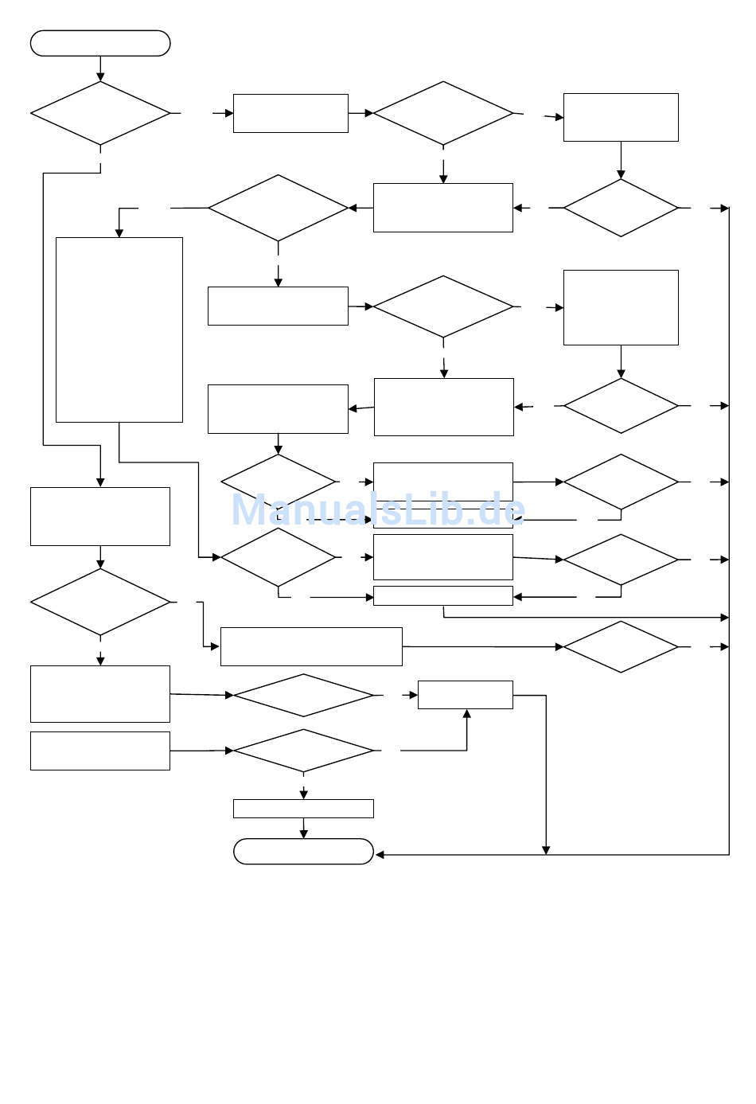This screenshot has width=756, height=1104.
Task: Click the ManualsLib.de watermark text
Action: coord(378,509)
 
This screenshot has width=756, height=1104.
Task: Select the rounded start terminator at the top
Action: coord(100,43)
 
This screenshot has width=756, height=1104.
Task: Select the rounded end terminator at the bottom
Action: coord(303,851)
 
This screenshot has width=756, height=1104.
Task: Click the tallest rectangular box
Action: coord(119,330)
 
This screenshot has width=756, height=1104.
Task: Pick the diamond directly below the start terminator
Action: coord(100,113)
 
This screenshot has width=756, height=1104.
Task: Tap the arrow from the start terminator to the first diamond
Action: coord(100,68)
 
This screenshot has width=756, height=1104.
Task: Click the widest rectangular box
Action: coord(311,646)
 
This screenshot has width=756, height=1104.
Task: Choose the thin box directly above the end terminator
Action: coord(303,808)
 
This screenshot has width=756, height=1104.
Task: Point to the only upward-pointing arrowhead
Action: coord(466,714)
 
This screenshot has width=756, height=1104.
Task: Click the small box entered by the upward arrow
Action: coord(466,695)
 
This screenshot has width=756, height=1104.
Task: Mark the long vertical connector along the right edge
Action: coord(729,531)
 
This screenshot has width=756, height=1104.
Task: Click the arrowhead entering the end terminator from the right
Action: coord(380,855)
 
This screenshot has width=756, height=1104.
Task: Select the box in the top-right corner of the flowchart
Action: coord(621,117)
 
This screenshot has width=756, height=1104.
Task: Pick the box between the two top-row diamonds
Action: coord(290,113)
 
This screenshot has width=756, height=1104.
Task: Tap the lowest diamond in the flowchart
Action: coord(303,751)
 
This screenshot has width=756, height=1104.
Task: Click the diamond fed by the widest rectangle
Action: coord(621,646)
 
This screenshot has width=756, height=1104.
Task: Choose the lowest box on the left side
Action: coord(100,751)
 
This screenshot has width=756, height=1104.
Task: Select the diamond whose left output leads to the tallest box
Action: coord(278,208)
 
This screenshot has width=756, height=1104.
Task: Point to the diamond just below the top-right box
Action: coord(621,208)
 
